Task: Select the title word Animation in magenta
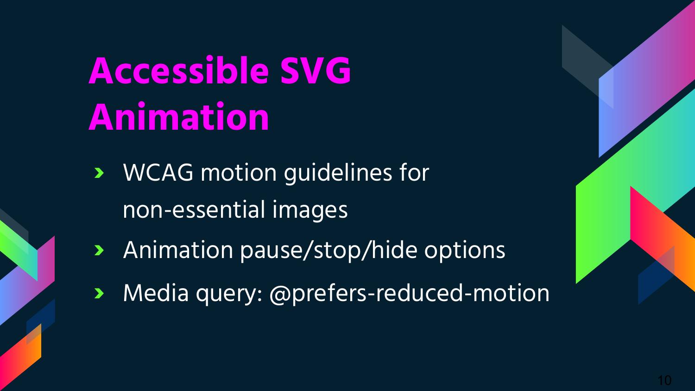[x=179, y=117]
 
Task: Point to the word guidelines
[x=338, y=172]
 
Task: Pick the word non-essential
[x=194, y=210]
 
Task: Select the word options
[x=465, y=251]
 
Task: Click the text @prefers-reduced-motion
[x=409, y=293]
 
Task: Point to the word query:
[x=229, y=294]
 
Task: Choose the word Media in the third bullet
[x=156, y=293]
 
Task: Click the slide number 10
[x=664, y=380]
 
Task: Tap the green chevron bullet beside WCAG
[x=99, y=173]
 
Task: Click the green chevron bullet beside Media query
[x=99, y=293]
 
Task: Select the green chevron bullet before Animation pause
[x=99, y=250]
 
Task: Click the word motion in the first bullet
[x=239, y=172]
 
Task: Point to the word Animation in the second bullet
[x=178, y=250]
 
